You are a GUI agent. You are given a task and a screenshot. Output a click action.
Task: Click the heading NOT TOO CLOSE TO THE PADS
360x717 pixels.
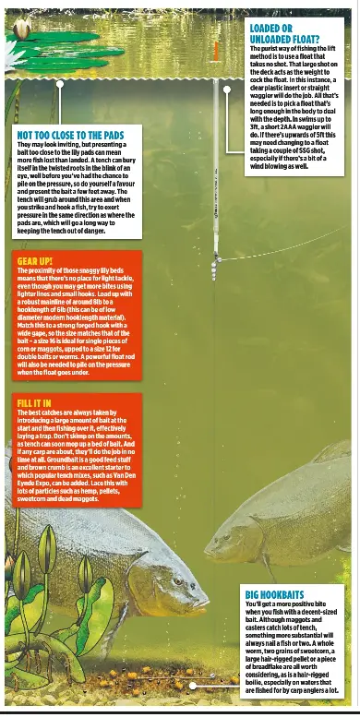[x=70, y=135]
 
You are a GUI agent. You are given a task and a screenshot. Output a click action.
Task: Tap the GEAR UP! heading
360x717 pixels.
[x=34, y=261]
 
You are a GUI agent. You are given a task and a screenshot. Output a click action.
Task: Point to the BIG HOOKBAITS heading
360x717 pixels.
[x=274, y=594]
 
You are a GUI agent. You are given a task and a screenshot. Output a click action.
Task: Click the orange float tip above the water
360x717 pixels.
[x=215, y=51]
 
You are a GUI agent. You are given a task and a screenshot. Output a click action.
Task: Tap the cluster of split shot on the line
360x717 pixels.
[x=214, y=268]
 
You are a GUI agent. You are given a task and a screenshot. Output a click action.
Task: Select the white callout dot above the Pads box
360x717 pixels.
[x=60, y=84]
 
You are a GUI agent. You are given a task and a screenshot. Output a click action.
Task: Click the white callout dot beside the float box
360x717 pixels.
[x=227, y=90]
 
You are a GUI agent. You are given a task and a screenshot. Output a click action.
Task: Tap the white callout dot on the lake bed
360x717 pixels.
[x=192, y=686]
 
